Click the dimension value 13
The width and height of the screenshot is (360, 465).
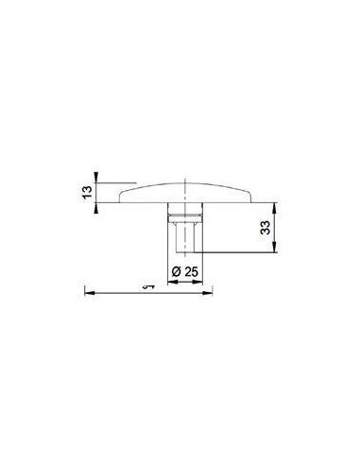87,192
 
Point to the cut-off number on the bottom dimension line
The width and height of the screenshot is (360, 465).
146,284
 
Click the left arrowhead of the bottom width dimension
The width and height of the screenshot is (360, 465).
88,291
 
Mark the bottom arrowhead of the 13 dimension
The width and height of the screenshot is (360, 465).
97,201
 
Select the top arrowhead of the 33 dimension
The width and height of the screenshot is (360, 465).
277,203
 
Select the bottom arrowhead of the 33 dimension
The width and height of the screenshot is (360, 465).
277,250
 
